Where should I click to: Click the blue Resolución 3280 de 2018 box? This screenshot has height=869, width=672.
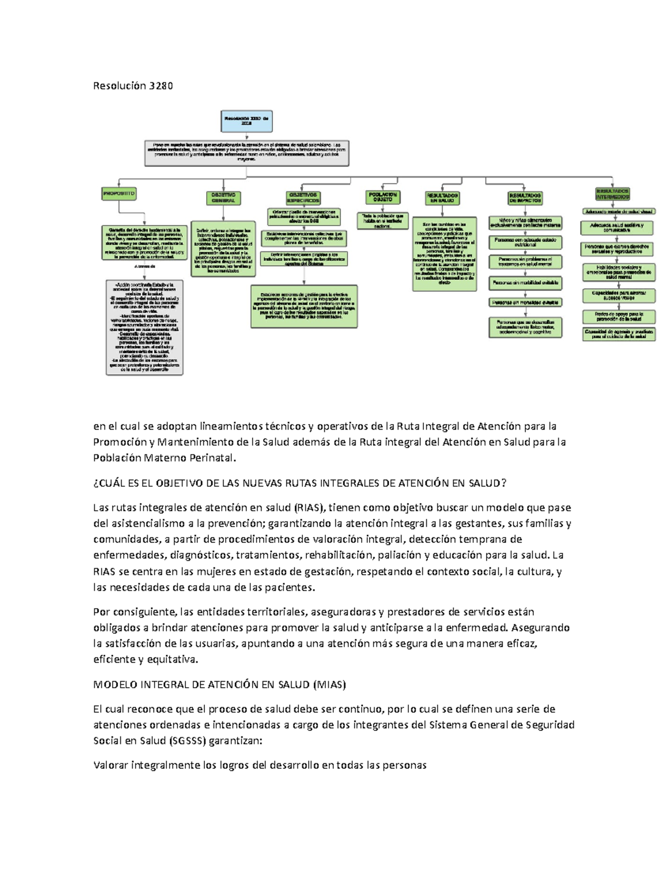click(246, 121)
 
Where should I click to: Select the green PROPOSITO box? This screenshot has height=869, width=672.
click(119, 193)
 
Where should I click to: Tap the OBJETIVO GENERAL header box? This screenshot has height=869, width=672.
click(223, 198)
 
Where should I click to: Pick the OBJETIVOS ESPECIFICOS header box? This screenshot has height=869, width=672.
click(304, 198)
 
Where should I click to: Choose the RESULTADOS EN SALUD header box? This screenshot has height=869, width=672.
click(442, 198)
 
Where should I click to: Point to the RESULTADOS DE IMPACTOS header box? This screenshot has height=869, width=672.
click(525, 198)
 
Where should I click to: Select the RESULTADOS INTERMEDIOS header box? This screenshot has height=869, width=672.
click(613, 194)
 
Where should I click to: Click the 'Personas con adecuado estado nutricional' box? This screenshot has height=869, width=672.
click(525, 242)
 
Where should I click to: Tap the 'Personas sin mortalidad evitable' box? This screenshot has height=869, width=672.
click(525, 283)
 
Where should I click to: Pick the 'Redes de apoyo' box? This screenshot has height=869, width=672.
click(618, 317)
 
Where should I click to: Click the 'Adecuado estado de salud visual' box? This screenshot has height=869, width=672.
click(618, 212)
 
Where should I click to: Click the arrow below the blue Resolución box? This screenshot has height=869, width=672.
click(246, 136)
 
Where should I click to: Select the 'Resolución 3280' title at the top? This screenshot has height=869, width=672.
click(133, 86)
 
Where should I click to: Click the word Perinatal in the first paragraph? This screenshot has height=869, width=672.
click(209, 458)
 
